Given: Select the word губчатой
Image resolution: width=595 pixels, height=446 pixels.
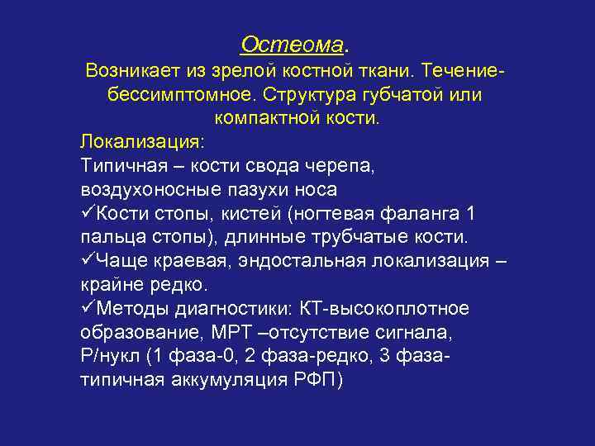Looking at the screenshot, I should point(388,95).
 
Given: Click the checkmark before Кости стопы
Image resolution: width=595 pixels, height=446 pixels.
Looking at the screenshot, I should point(88,213).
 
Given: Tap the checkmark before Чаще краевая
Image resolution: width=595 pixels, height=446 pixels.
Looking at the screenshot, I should point(88,261).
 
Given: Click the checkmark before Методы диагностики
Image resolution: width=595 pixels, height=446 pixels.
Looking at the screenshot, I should point(88,309).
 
